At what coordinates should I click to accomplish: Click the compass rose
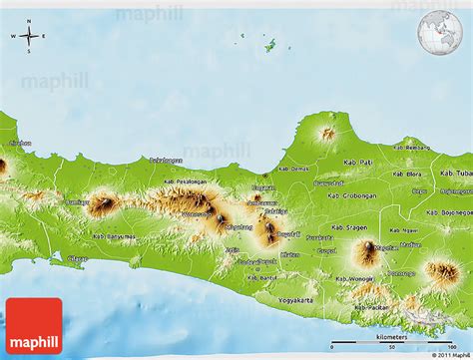(28, 37)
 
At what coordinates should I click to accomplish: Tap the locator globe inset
(440, 32)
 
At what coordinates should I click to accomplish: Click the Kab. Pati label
(356, 161)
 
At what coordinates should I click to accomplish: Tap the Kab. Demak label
(295, 170)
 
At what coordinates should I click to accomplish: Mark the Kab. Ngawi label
(404, 230)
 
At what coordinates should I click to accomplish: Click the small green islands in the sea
(269, 44)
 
